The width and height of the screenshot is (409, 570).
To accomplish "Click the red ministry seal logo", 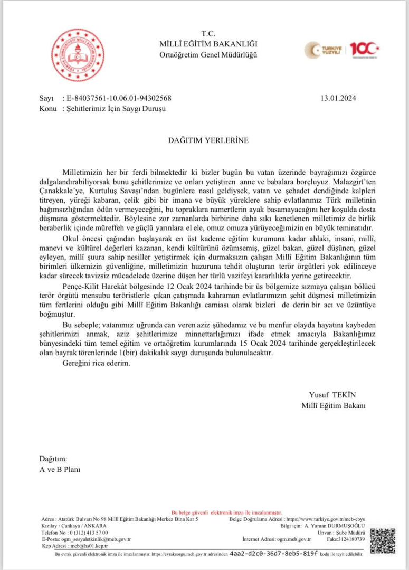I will tap(78, 55).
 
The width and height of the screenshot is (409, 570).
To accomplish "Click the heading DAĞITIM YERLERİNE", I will tap(204, 141).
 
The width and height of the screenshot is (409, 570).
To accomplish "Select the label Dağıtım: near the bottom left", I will tap(53, 458).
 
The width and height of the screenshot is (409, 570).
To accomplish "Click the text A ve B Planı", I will tap(60, 469).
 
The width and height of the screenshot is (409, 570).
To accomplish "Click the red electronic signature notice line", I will tap(227, 512).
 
